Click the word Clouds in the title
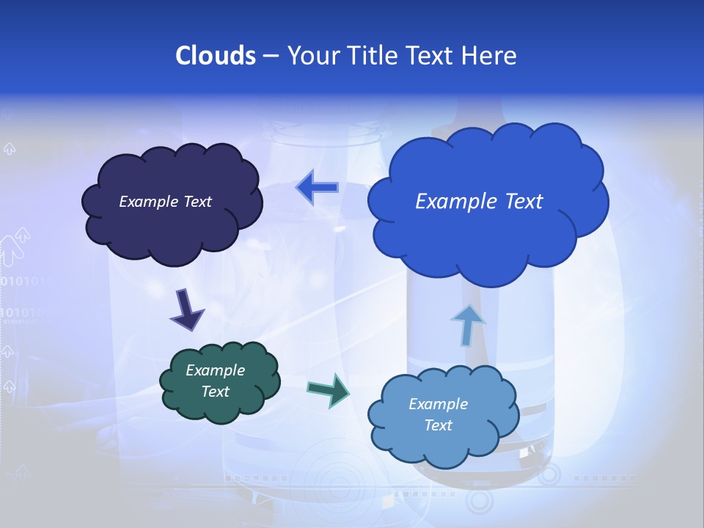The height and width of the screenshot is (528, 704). point(215,56)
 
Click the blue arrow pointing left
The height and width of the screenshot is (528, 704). point(318,187)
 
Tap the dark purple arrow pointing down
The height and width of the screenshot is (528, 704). point(186,309)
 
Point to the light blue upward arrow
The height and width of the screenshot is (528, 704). point(467,324)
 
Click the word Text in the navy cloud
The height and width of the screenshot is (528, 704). point(197,202)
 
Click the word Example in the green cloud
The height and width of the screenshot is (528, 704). point(215,370)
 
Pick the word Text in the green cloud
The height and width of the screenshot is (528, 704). point(216,392)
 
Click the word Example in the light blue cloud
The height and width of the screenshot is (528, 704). point(438,404)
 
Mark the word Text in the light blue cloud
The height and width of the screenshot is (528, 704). point(438,425)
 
